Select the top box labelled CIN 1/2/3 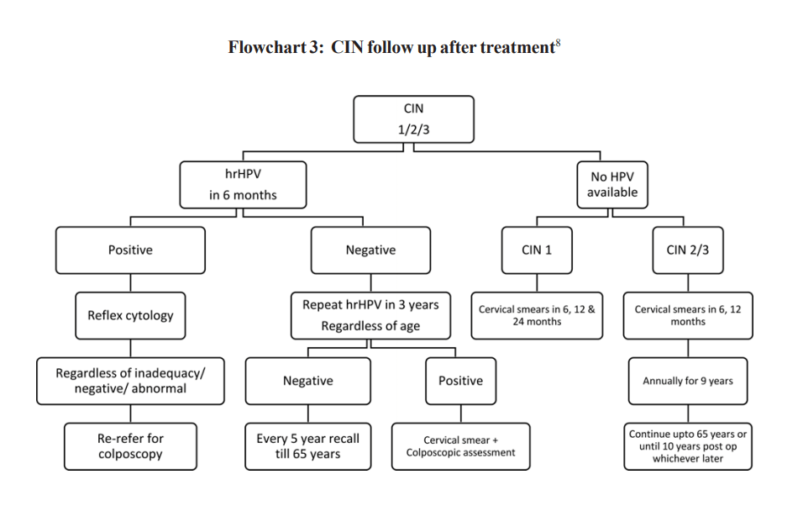click(x=413, y=119)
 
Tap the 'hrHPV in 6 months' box click(x=243, y=185)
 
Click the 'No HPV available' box click(x=612, y=185)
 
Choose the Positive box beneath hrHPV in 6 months click(x=130, y=250)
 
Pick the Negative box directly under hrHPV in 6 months click(x=370, y=250)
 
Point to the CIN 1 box click(x=537, y=250)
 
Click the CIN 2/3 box click(x=687, y=250)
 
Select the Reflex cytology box click(x=130, y=316)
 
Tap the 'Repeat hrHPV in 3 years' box click(x=370, y=315)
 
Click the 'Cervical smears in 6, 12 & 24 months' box click(x=537, y=315)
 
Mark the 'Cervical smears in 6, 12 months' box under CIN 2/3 click(x=687, y=315)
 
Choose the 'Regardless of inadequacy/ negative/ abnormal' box click(x=130, y=381)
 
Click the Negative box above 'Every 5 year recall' click(x=307, y=381)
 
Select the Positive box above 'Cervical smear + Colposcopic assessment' click(x=460, y=381)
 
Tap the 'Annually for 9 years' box click(x=687, y=381)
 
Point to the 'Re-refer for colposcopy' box click(x=130, y=446)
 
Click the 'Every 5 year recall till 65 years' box click(x=307, y=446)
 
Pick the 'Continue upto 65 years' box click(x=687, y=446)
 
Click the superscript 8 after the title click(x=558, y=42)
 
